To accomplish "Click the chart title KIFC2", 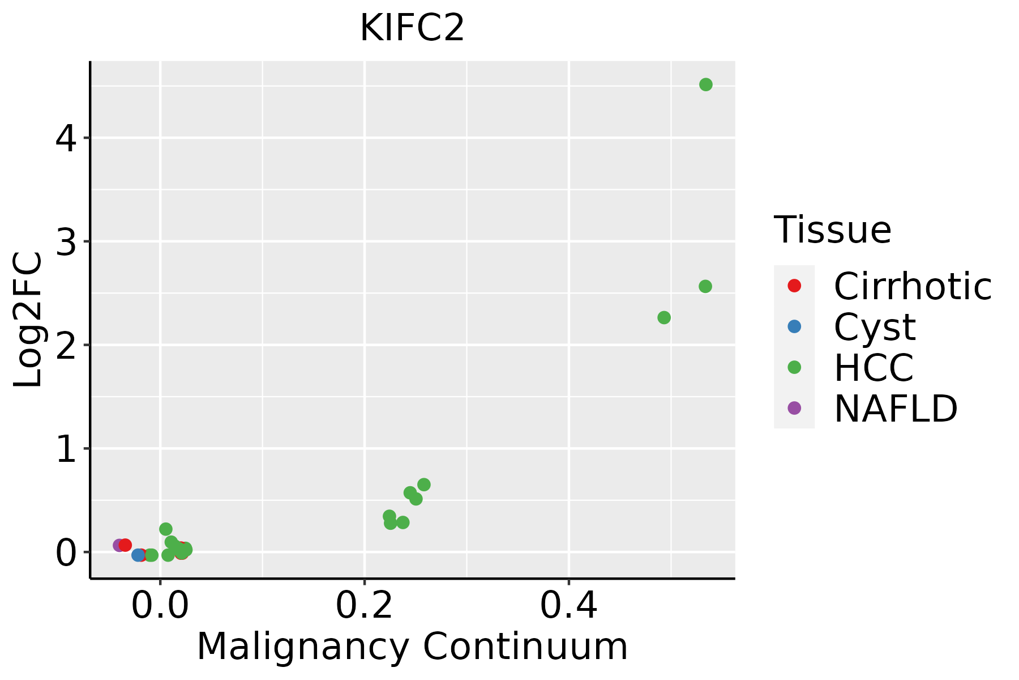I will [x=412, y=28].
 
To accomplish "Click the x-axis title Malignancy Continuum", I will [x=412, y=647].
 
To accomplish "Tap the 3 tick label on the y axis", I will [x=66, y=242].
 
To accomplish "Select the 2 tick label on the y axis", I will [x=66, y=345].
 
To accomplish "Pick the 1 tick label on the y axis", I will [x=66, y=449].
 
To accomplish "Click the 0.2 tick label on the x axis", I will [x=364, y=606].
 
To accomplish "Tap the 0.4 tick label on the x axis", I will [x=568, y=606].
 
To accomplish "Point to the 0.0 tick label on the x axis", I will [x=160, y=606].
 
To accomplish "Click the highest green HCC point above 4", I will [x=706, y=84].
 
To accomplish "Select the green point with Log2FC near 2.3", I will [x=664, y=317].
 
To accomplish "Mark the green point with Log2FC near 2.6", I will [x=705, y=286].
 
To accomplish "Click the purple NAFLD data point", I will [x=119, y=545].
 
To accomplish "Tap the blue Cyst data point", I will [x=138, y=555].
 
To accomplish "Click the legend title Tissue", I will [x=832, y=230].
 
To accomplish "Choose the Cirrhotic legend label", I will [x=913, y=286].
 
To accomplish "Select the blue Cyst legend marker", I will [x=794, y=326].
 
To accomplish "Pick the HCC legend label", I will [x=874, y=368].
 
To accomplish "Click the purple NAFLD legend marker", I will [x=794, y=407].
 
